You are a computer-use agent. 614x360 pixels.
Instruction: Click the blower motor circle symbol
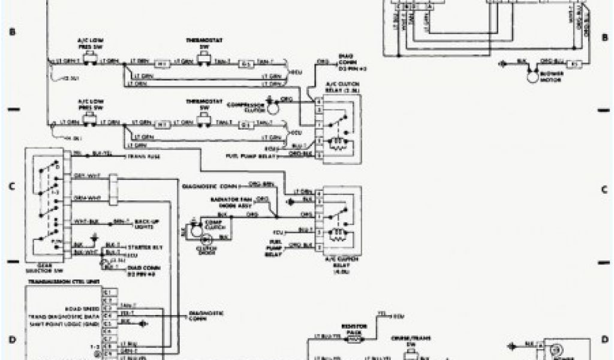click(x=530, y=75)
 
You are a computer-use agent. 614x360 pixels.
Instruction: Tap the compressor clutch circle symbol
click(x=272, y=107)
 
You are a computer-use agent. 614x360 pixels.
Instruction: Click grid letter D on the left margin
click(x=11, y=340)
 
